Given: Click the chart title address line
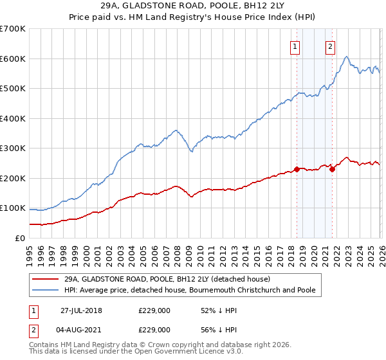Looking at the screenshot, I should coord(192,5).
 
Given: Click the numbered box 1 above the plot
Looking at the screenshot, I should coord(295,46).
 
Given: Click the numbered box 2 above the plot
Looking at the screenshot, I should coord(330,46).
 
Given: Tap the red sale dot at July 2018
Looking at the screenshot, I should coord(297,170).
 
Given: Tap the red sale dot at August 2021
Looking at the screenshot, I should coord(332,170).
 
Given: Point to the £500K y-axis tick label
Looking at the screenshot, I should coord(13,89).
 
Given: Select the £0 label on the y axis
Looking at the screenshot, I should coord(19,238).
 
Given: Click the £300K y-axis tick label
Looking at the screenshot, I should coord(13,148).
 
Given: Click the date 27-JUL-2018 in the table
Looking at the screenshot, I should coord(81,310).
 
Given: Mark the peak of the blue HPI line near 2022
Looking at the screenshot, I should coord(347,57).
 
